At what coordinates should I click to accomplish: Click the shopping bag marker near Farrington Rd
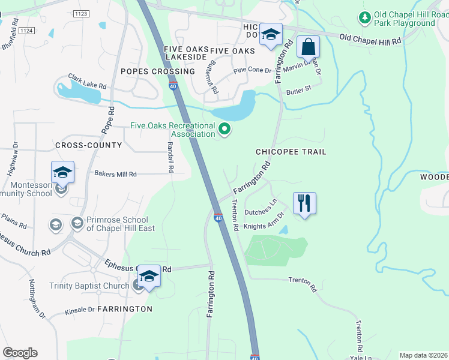click(x=308, y=46)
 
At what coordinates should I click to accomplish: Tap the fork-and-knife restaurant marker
click(x=304, y=203)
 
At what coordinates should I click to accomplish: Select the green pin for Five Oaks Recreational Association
click(x=225, y=129)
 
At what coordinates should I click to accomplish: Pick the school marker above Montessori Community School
click(x=62, y=173)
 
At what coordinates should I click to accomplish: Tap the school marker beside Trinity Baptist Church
click(x=149, y=276)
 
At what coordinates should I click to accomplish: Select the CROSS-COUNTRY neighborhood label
click(x=88, y=145)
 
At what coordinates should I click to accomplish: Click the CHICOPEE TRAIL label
click(x=291, y=152)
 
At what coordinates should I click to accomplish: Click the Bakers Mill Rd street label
click(x=115, y=174)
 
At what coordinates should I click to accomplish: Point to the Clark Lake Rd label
click(x=87, y=80)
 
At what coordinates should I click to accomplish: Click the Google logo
click(x=20, y=353)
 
